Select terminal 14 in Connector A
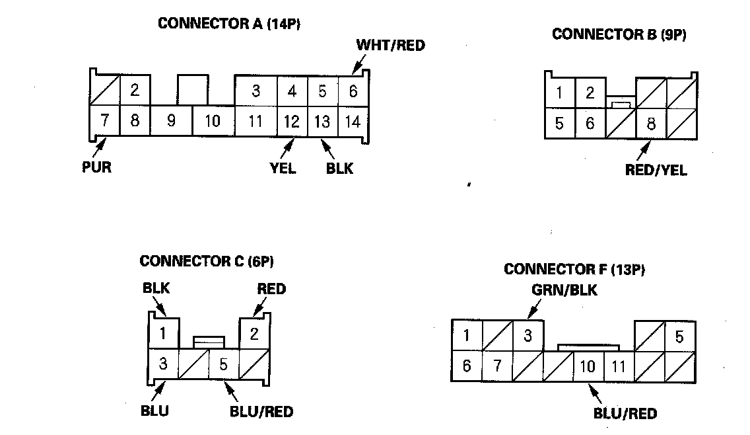[353, 121]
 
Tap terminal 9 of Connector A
[171, 121]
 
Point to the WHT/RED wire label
[390, 46]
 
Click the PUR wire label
[96, 167]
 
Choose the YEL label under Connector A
[283, 168]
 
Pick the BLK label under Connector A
[339, 168]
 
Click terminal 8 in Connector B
[651, 124]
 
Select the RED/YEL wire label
[656, 170]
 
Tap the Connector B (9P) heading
[619, 34]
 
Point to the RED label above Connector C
[271, 289]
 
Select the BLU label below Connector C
[155, 411]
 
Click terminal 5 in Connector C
[223, 364]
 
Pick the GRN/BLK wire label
[564, 290]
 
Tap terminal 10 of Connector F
[588, 366]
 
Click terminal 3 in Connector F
[528, 336]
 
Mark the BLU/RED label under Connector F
[625, 415]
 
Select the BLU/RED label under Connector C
[261, 411]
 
